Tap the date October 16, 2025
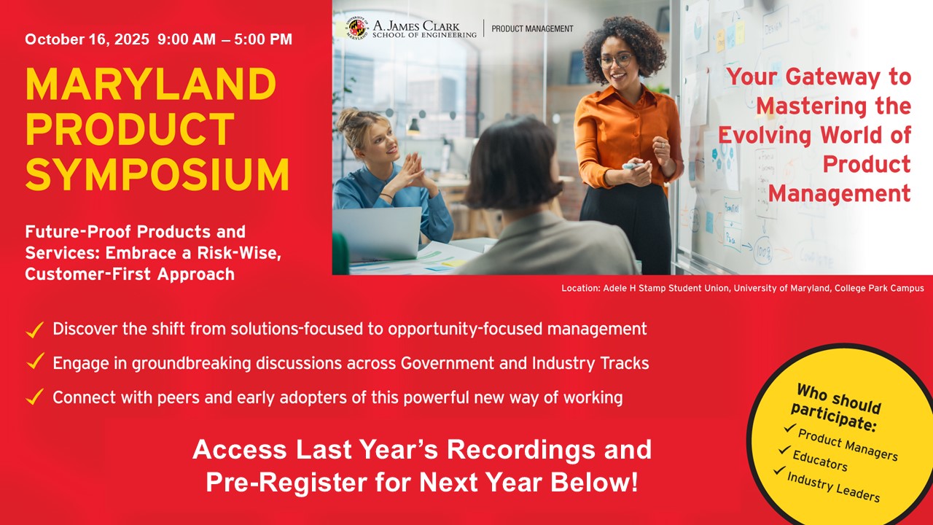pos(87,39)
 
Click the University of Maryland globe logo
pos(357,28)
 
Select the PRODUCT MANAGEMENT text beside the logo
pos(532,28)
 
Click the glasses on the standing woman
pos(615,61)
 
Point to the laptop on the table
pos(377,233)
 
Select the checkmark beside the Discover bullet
pos(34,330)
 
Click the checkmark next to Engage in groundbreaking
pos(35,362)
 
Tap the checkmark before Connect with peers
pos(34,397)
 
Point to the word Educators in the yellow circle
pos(820,461)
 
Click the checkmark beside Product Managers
pos(789,428)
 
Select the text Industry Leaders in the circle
pos(833,487)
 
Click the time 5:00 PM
pos(263,39)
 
